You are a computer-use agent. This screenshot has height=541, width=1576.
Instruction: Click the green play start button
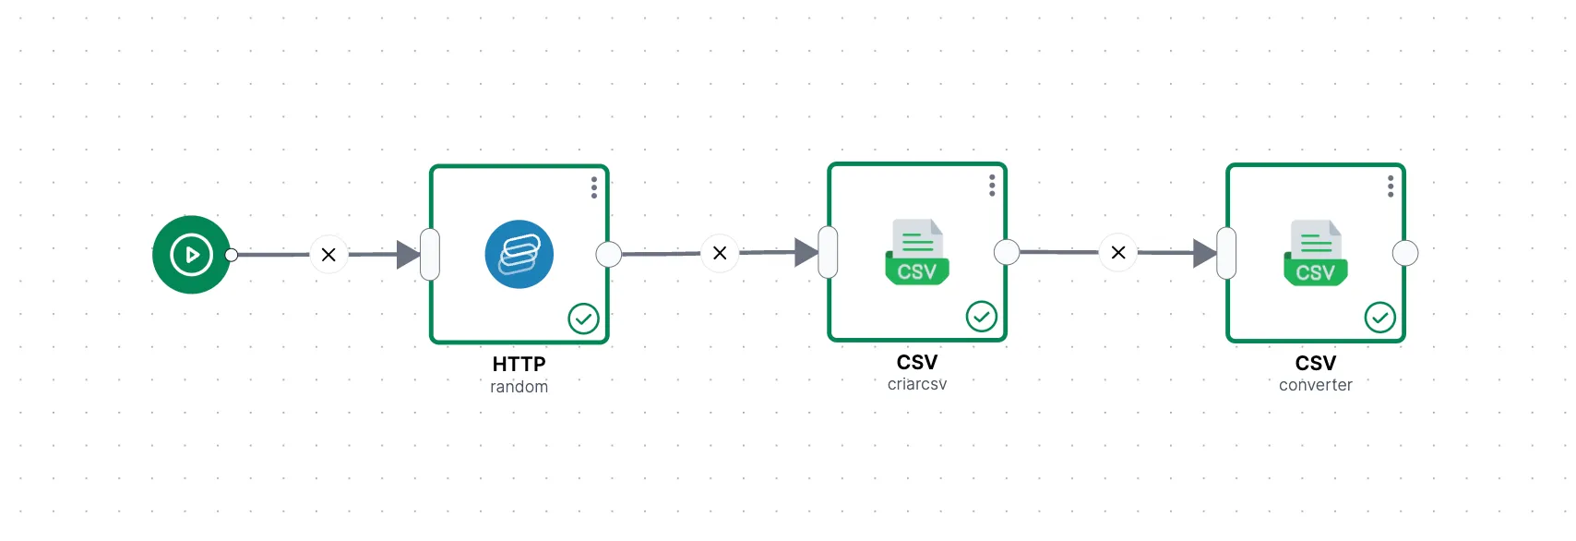(x=191, y=255)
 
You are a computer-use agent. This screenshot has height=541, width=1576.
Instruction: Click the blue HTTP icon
(x=519, y=255)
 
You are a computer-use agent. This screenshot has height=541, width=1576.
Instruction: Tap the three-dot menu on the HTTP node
(x=594, y=187)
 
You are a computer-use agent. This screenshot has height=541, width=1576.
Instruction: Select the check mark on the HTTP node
(x=583, y=319)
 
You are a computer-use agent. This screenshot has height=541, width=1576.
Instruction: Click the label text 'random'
(x=519, y=387)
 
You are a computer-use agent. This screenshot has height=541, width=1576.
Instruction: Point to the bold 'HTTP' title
(x=519, y=364)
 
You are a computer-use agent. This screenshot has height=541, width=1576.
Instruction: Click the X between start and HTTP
(x=328, y=255)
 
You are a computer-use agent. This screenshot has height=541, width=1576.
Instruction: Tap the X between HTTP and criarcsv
(x=720, y=253)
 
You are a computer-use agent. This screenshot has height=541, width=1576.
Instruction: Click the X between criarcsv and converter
(x=1118, y=253)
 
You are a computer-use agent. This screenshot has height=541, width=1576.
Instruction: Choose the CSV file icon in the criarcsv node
(x=917, y=252)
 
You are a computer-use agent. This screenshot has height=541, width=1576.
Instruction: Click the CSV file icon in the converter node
(x=1316, y=253)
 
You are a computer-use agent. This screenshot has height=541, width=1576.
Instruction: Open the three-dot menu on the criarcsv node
(x=992, y=185)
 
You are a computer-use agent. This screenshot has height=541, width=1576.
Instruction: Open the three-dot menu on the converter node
(x=1391, y=186)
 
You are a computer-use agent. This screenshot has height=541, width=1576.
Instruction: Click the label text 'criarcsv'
(x=917, y=384)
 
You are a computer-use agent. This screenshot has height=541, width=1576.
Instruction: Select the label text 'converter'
(x=1316, y=385)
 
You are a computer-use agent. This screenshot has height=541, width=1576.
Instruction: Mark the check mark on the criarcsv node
(x=982, y=317)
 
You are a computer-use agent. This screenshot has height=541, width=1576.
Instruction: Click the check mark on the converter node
(x=1380, y=318)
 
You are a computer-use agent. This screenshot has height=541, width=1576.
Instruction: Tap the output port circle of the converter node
(x=1405, y=253)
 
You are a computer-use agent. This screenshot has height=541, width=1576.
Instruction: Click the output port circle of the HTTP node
(x=609, y=255)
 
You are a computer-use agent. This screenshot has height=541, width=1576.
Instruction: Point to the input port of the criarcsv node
(x=828, y=253)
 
